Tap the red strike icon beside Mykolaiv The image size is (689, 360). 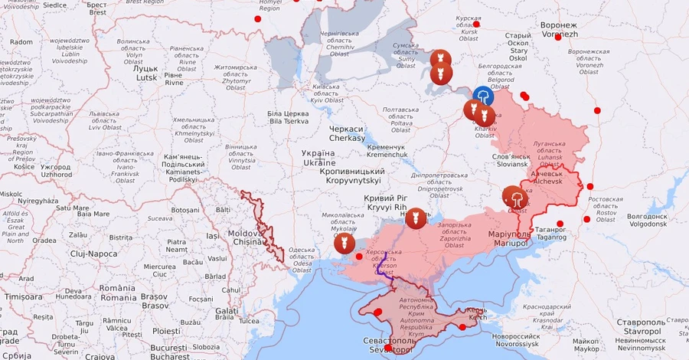tap(344, 244)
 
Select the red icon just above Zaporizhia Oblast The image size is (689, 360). tap(416, 218)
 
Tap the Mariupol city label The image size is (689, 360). tap(511, 237)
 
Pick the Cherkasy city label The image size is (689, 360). tap(347, 133)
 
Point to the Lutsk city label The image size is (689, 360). tap(146, 73)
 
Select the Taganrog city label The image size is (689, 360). tap(550, 233)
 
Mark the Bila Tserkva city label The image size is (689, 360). tap(288, 117)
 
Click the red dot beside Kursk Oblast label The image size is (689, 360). tap(476, 24)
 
